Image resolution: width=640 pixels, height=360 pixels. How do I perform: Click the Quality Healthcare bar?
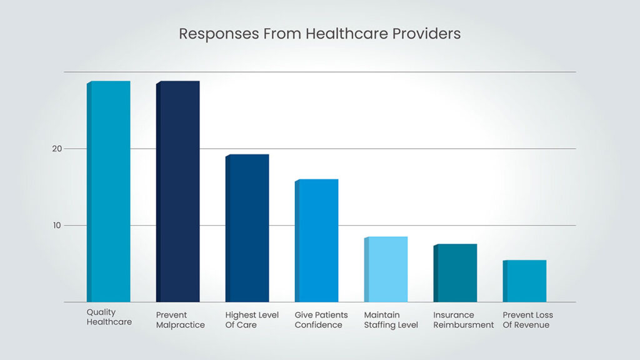109,191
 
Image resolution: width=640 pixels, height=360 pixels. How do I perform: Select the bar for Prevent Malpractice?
178,191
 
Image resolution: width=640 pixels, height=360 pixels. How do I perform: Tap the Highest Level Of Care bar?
247,228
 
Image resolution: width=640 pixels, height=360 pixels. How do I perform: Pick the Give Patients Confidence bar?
317,241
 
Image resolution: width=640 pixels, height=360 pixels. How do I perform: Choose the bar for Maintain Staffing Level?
386,269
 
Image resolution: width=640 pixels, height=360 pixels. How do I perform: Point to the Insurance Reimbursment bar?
456,273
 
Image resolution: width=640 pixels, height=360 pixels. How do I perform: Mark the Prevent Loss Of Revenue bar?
525,281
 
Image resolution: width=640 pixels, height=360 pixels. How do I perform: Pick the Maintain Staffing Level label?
391,320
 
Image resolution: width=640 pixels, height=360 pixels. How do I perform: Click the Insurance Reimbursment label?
463,320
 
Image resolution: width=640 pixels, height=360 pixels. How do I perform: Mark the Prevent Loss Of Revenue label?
528,320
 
